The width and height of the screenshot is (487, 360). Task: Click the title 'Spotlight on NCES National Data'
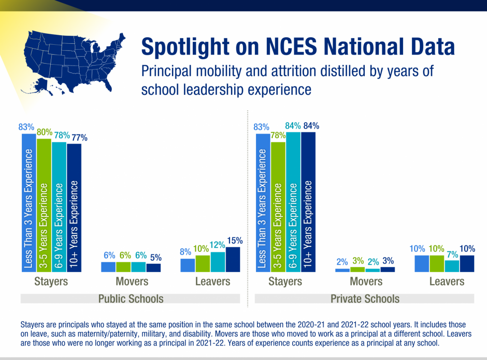click(298, 47)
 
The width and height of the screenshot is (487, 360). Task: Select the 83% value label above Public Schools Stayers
click(26, 127)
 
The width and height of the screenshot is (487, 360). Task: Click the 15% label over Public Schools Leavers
click(232, 241)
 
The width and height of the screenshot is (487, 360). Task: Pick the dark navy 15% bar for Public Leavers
click(232, 259)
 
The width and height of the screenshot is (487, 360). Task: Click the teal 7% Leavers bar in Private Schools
click(452, 266)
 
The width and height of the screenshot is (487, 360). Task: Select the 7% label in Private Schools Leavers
click(452, 254)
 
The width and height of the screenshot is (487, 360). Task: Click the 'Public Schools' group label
click(131, 298)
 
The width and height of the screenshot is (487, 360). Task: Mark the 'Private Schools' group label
click(365, 298)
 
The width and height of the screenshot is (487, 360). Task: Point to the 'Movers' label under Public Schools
click(132, 282)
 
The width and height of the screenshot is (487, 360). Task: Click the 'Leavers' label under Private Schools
click(447, 282)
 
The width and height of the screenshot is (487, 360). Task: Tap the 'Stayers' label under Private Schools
click(285, 282)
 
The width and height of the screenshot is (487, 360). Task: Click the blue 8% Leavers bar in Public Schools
click(187, 265)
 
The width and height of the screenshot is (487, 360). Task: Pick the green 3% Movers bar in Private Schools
click(357, 269)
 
